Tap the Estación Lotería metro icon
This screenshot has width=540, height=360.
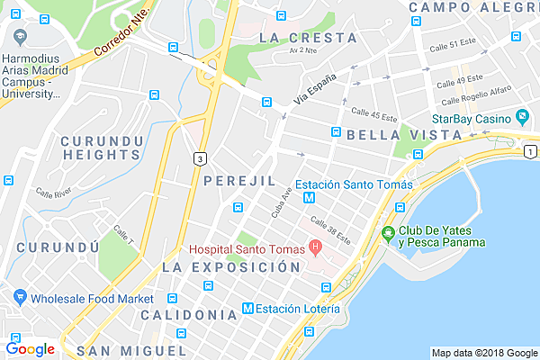248,310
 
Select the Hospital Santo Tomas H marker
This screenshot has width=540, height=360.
315,246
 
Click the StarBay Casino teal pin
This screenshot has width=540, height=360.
522,118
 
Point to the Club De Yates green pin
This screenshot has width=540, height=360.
388,235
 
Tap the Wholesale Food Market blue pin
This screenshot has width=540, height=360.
16,299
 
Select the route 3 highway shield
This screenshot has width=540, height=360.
198,158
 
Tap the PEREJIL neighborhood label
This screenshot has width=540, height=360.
238,181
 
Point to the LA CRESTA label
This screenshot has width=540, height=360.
307,38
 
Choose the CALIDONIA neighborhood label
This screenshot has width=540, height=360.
189,314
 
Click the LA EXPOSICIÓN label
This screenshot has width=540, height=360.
230,267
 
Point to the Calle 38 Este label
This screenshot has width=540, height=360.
329,229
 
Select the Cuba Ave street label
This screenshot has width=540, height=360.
282,203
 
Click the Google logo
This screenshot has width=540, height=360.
30,348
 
